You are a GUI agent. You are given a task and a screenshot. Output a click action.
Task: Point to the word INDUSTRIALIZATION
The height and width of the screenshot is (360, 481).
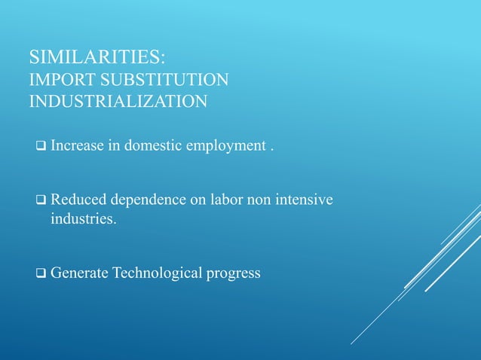tap(118, 102)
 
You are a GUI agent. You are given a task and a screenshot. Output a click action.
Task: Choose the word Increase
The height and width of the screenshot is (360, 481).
tap(78, 145)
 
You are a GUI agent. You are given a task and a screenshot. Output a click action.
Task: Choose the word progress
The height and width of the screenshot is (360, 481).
tap(234, 273)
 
